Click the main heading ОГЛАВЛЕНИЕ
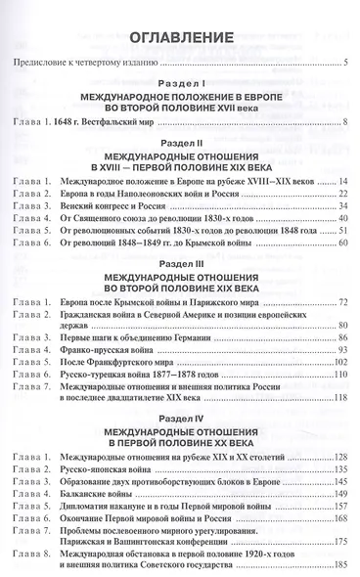[x=180, y=38]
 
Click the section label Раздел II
[x=180, y=142]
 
